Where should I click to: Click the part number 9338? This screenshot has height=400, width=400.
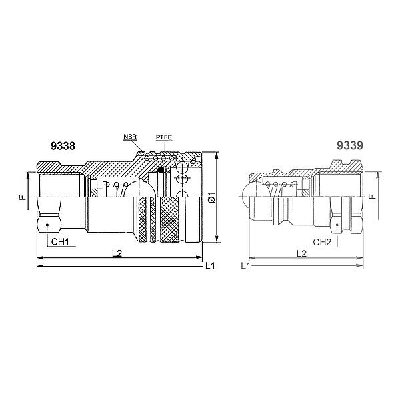click(x=63, y=146)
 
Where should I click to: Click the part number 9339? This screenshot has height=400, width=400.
click(x=349, y=145)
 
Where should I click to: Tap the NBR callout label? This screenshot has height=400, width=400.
click(x=130, y=137)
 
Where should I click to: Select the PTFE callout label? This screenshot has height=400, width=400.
click(x=164, y=138)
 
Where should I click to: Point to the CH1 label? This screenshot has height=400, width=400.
click(x=60, y=241)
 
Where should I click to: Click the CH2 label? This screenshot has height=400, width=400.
click(x=322, y=242)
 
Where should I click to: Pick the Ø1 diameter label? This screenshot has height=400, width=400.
click(x=212, y=197)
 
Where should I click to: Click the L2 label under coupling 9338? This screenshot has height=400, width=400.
click(x=117, y=253)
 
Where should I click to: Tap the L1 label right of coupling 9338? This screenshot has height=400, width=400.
click(x=210, y=266)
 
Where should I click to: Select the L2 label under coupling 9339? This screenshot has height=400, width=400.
click(x=301, y=253)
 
